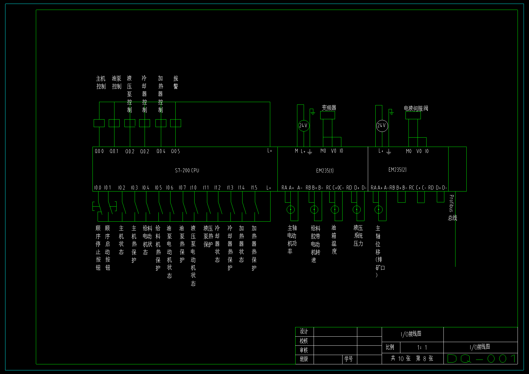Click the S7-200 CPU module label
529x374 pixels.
(x=187, y=170)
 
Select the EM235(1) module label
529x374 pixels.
(x=325, y=171)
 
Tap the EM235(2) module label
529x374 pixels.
(x=397, y=170)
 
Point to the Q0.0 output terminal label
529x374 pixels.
(x=99, y=151)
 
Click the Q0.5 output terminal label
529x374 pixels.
(x=175, y=151)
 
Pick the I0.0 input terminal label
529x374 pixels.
(x=97, y=188)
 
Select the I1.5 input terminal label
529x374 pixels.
(x=254, y=188)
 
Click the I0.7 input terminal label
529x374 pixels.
(x=182, y=188)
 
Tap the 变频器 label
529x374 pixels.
(x=329, y=108)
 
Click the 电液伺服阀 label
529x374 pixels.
(x=416, y=108)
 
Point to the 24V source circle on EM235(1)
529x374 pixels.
(x=303, y=126)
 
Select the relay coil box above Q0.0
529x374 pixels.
(x=99, y=123)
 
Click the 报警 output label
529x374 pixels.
(x=176, y=82)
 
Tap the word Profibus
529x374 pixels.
(x=451, y=203)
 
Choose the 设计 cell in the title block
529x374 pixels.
(x=304, y=332)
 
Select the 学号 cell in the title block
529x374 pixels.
(x=349, y=359)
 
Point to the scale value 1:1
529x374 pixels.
(x=422, y=348)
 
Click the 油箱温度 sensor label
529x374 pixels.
(x=334, y=239)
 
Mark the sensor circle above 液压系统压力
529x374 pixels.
(x=357, y=209)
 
